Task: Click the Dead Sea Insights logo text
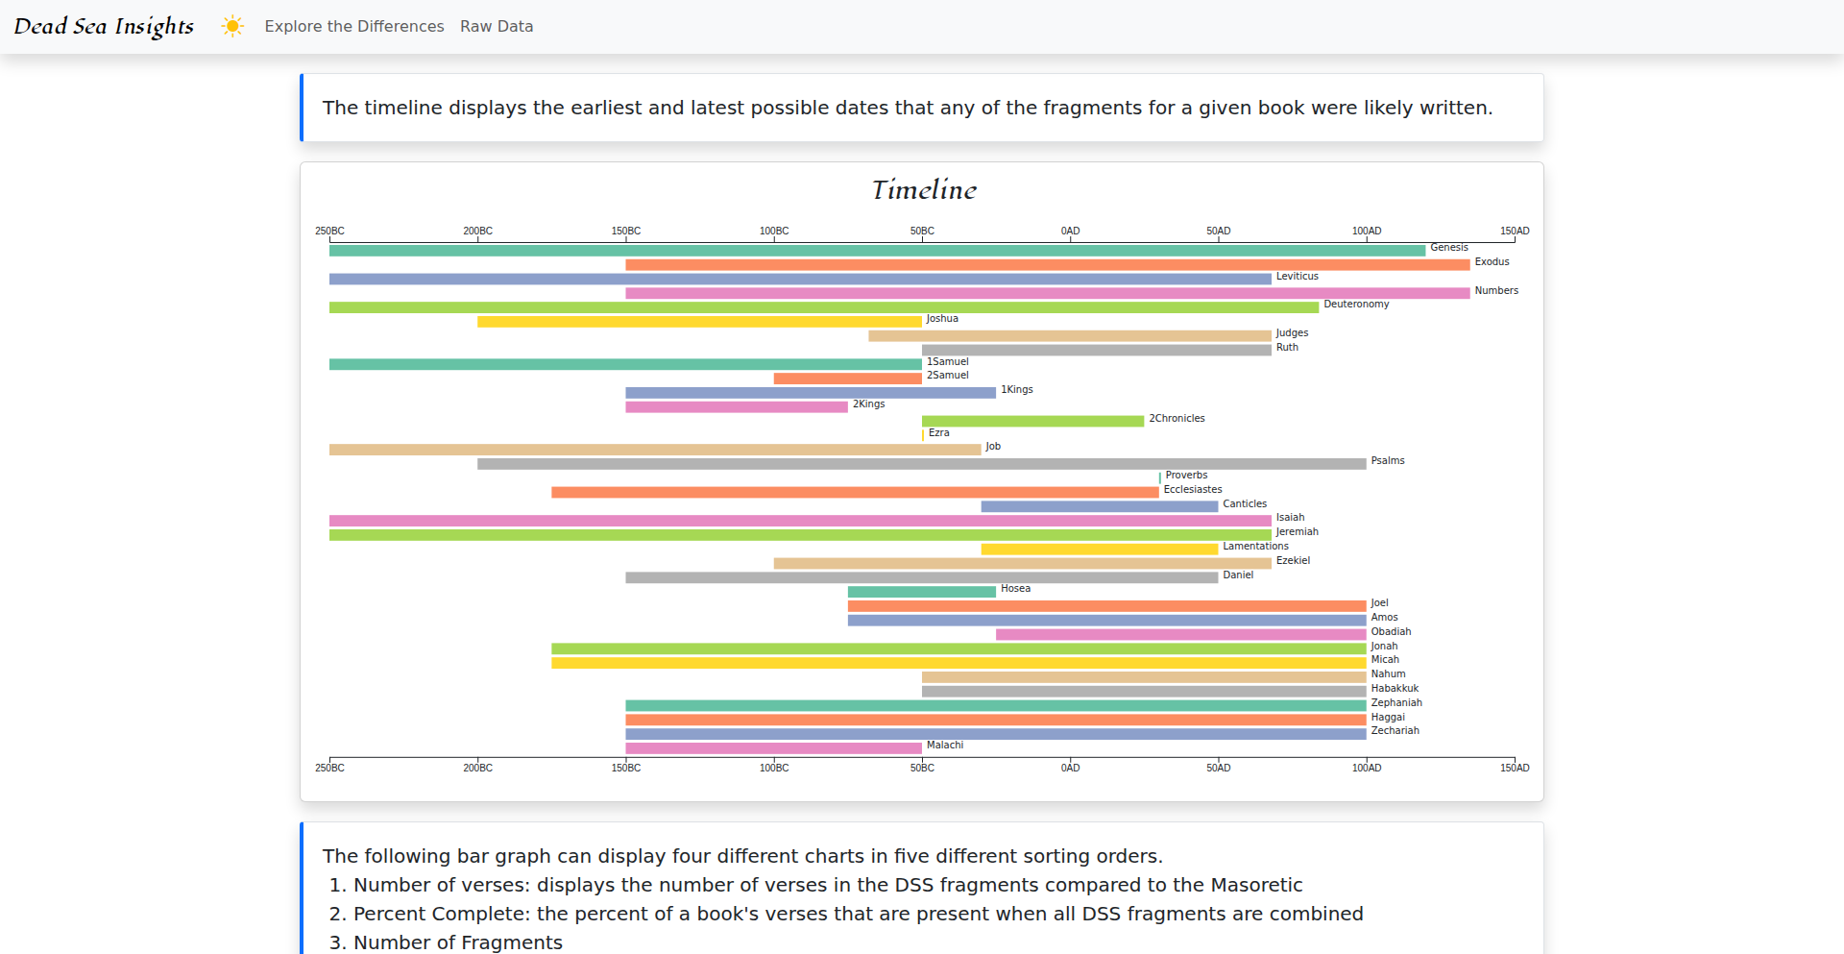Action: (104, 26)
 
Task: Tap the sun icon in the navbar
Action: (232, 26)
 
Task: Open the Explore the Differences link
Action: (354, 26)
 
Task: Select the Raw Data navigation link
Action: (497, 26)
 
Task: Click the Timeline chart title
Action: (923, 190)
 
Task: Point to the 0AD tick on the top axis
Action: (1070, 232)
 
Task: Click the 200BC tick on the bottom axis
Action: (477, 768)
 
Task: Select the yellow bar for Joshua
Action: (699, 322)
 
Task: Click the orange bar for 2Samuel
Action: (847, 379)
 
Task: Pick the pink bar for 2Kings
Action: (737, 407)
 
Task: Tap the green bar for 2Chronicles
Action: (1032, 421)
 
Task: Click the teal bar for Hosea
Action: (921, 592)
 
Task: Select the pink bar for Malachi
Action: (773, 748)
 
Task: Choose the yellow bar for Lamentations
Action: (1099, 550)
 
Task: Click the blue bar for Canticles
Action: (1099, 506)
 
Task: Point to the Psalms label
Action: (1387, 461)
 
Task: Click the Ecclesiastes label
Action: (1192, 490)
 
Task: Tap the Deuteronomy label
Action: (1355, 305)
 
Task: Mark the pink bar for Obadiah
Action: (1180, 634)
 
